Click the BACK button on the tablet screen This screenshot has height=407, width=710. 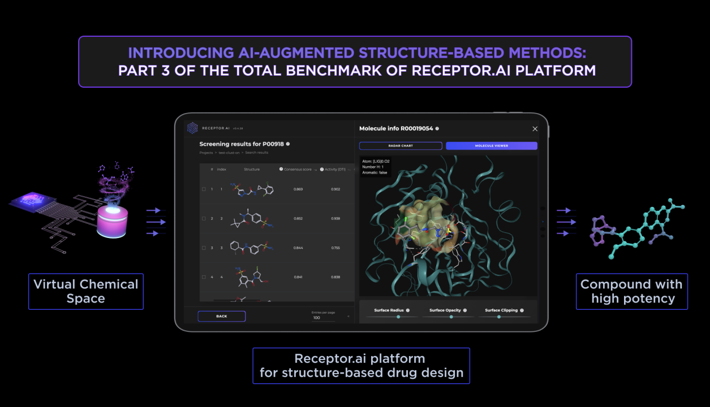[221, 316]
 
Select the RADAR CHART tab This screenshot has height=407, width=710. [400, 146]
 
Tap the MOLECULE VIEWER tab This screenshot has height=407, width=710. [491, 146]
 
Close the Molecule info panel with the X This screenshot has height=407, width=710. [535, 129]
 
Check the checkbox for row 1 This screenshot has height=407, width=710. [204, 189]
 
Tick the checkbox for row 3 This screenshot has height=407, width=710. [204, 248]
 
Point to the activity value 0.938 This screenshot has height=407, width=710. [336, 218]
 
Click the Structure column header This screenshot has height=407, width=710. [252, 169]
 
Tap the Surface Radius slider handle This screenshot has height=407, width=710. [398, 317]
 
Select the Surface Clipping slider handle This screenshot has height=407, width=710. [499, 317]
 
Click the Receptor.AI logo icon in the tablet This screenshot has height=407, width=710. [192, 128]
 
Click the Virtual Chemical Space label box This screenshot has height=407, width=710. [85, 291]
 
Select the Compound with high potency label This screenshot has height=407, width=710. [631, 291]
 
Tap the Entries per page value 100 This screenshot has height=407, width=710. [317, 318]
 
